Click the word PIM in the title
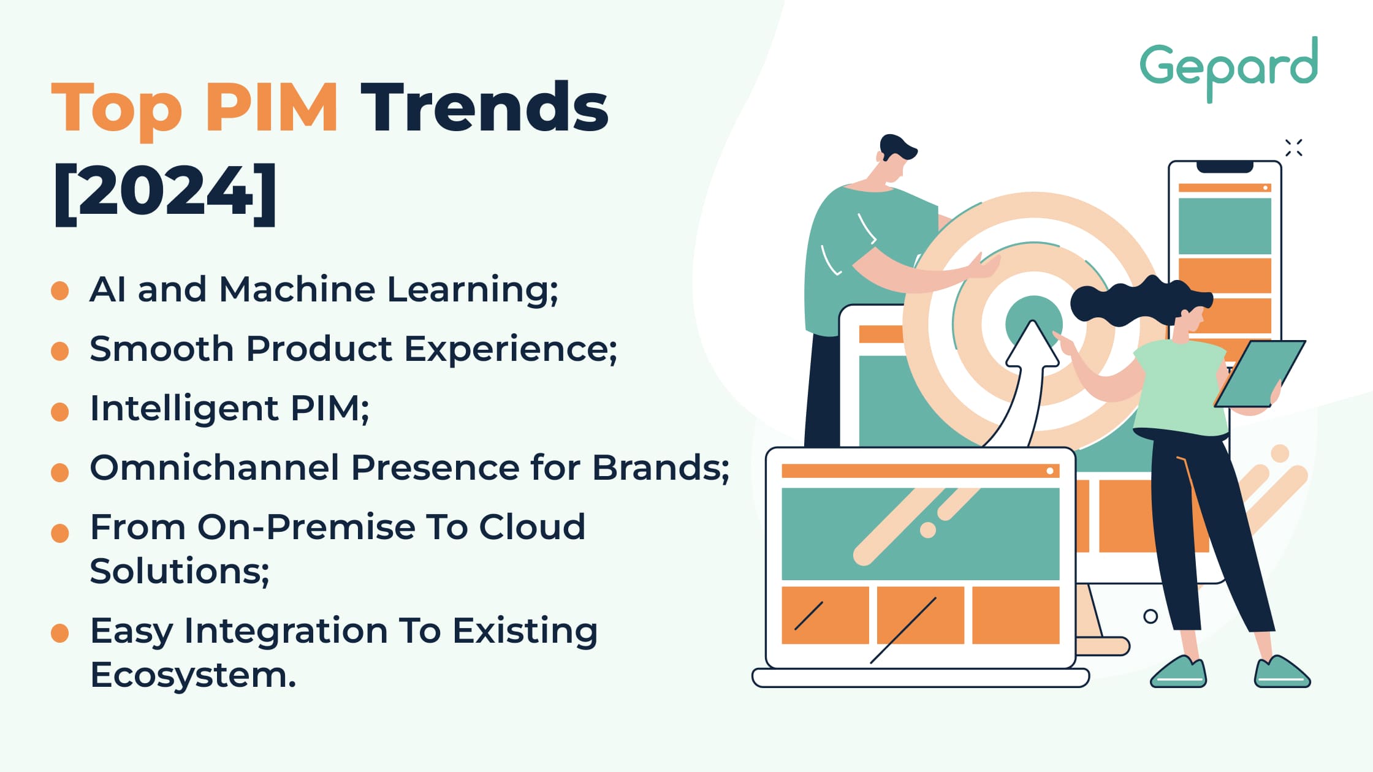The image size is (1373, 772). pos(271,108)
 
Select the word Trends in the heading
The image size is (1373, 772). pos(484,108)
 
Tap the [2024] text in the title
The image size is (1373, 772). pos(165,192)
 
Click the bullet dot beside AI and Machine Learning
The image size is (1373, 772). pos(60,291)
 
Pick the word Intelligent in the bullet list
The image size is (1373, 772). pos(184,409)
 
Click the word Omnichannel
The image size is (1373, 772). pos(214,467)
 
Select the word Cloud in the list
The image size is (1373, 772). pos(532,527)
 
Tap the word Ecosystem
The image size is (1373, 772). pos(193,675)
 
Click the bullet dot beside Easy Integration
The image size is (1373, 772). pos(60,633)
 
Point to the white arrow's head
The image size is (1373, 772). pos(1033,346)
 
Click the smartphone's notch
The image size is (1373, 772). pos(1225,167)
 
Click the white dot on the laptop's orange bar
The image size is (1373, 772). pos(1050,471)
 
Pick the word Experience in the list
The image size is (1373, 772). pos(511,349)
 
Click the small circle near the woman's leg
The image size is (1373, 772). pos(1151,616)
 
